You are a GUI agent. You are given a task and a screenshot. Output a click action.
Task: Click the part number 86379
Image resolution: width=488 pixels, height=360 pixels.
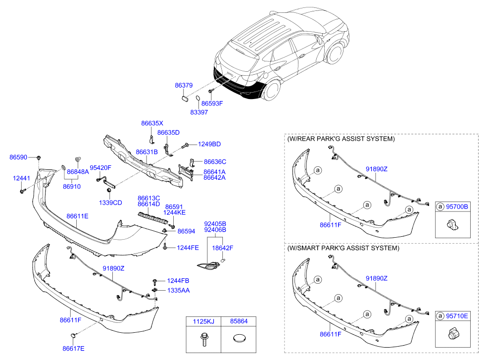click(x=184, y=85)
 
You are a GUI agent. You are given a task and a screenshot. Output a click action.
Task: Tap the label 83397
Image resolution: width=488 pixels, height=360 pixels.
click(x=199, y=112)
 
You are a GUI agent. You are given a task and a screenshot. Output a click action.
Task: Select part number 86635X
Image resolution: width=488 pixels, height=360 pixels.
click(x=152, y=123)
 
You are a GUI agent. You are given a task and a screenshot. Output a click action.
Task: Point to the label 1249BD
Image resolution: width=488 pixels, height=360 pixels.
click(x=209, y=144)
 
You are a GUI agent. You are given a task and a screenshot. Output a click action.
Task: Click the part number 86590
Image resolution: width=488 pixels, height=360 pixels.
click(x=18, y=157)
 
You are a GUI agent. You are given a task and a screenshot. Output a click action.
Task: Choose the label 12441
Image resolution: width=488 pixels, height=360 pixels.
click(x=21, y=178)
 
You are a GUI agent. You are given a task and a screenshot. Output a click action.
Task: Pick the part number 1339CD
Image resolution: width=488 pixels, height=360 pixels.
click(x=110, y=203)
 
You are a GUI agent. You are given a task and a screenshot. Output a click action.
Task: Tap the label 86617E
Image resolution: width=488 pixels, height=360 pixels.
click(x=73, y=349)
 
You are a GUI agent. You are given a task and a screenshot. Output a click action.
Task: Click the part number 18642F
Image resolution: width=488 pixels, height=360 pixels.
click(x=223, y=248)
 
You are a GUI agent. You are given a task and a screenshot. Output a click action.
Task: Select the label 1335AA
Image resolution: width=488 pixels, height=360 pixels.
click(x=178, y=290)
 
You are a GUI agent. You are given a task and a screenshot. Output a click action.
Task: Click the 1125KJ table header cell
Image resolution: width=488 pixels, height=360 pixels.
click(x=203, y=321)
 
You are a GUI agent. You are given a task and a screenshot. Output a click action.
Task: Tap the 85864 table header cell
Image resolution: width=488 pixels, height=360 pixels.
click(x=239, y=321)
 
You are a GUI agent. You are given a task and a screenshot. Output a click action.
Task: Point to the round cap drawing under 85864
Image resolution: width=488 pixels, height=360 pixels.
click(x=240, y=338)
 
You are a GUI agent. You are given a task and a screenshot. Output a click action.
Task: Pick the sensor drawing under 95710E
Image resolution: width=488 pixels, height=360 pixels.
click(x=453, y=334)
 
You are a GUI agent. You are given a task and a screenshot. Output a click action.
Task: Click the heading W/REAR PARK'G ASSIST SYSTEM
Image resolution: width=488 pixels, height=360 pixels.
click(x=341, y=139)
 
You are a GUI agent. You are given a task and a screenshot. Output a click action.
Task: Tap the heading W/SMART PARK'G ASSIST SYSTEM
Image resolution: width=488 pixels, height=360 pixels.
click(x=343, y=248)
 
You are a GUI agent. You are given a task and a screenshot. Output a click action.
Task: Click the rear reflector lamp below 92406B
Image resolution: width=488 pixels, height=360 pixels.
click(x=208, y=265)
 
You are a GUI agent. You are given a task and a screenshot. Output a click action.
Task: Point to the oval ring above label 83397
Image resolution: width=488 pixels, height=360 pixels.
click(x=197, y=99)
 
